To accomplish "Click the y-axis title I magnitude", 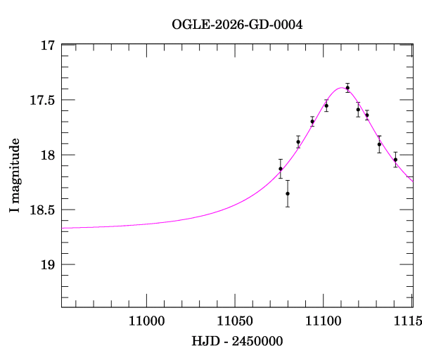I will pos(14,176).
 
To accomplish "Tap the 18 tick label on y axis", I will pos(49,155).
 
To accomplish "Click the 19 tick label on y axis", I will pos(49,265).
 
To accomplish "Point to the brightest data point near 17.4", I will pos(347,88).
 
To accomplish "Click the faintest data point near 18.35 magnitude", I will pos(288,193).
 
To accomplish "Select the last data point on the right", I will pos(395,160).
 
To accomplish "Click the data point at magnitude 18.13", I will pos(281,169).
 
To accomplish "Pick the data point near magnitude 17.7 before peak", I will pos(312,122).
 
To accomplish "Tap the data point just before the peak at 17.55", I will pos(326,105).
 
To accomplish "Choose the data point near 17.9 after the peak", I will pos(379,144).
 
